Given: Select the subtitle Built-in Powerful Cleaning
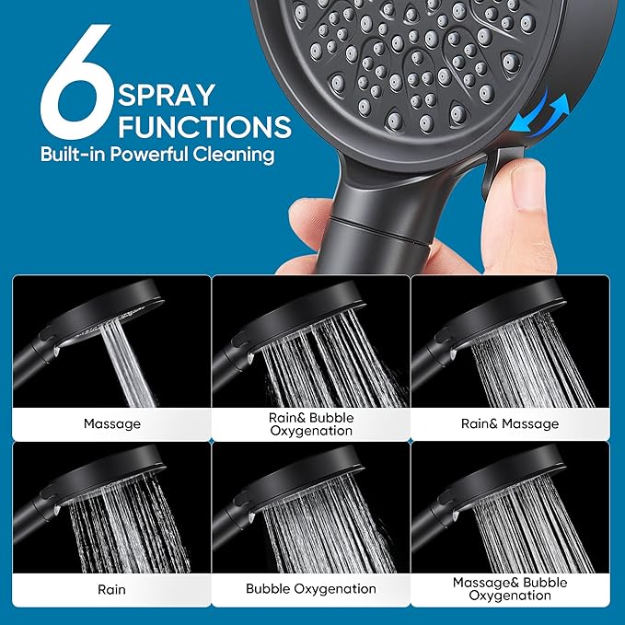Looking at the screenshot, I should point(157,154).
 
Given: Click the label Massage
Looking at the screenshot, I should point(111,424).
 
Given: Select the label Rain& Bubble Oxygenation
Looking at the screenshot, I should point(310,424).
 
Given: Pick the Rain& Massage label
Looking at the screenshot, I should point(509,424).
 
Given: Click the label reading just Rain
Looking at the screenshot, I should point(111,589).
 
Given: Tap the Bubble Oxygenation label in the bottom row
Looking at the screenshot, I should point(310,589).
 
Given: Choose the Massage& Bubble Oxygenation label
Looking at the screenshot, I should point(509,589).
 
